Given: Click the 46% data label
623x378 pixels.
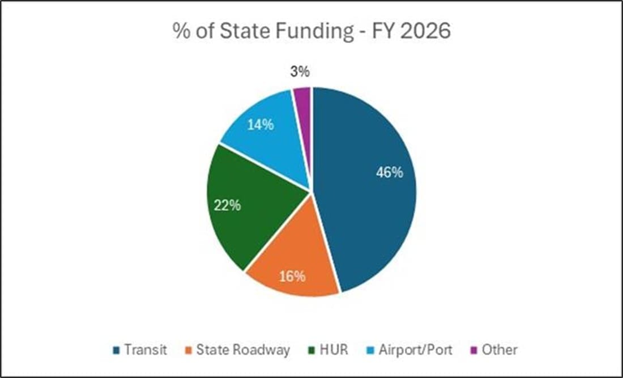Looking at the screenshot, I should click(x=390, y=172).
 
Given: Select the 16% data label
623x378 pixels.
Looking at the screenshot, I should click(x=292, y=277).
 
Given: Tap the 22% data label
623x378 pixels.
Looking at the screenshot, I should click(x=227, y=205).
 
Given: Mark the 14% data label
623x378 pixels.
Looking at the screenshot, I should click(x=260, y=124).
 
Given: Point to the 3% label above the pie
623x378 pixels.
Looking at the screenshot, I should click(x=299, y=71).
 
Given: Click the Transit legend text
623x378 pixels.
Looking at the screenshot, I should click(x=146, y=350).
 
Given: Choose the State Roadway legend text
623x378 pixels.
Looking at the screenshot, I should click(x=243, y=350).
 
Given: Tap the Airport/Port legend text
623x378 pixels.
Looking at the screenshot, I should click(x=416, y=350).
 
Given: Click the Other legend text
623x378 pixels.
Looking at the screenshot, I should click(x=500, y=350).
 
